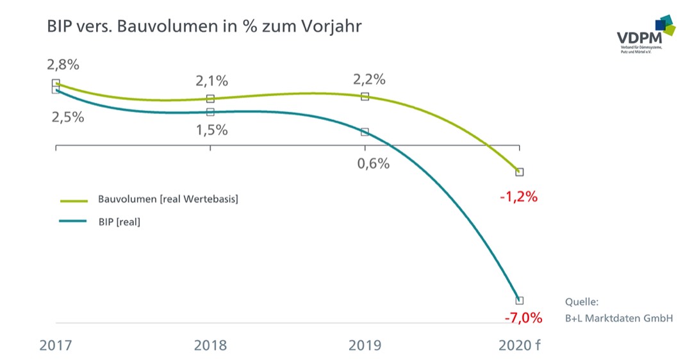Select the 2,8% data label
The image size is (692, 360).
pos(63,65)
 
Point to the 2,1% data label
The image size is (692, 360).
pos(212,81)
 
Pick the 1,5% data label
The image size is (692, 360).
pos(212,129)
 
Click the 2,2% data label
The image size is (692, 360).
pos(369,80)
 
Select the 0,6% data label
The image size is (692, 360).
pos(373,163)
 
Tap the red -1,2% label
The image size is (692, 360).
pos(518,197)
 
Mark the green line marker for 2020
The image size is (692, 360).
pos(520,172)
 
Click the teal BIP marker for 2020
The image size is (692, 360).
pos(520,300)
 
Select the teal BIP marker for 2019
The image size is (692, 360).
pos(365,132)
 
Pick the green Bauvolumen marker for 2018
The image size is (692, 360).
pos(210,99)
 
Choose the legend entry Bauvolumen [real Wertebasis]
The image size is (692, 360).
pos(168,199)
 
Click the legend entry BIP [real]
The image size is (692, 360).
pos(119,222)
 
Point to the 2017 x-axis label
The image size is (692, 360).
pos(56,345)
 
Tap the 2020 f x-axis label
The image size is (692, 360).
pos(519,345)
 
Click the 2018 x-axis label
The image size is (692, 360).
pos(210,345)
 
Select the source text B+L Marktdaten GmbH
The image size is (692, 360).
pos(619,317)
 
